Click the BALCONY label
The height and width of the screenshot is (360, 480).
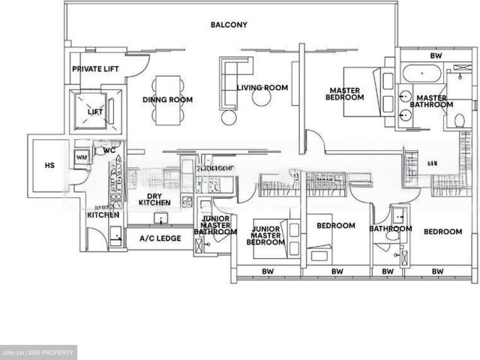[229, 25]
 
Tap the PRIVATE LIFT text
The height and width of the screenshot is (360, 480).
[95, 69]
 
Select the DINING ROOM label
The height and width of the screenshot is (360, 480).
[168, 100]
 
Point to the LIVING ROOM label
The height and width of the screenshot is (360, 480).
[262, 88]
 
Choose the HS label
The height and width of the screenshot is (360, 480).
[49, 166]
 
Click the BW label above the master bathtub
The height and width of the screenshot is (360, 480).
[436, 55]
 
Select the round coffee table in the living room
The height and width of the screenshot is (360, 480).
[260, 97]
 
